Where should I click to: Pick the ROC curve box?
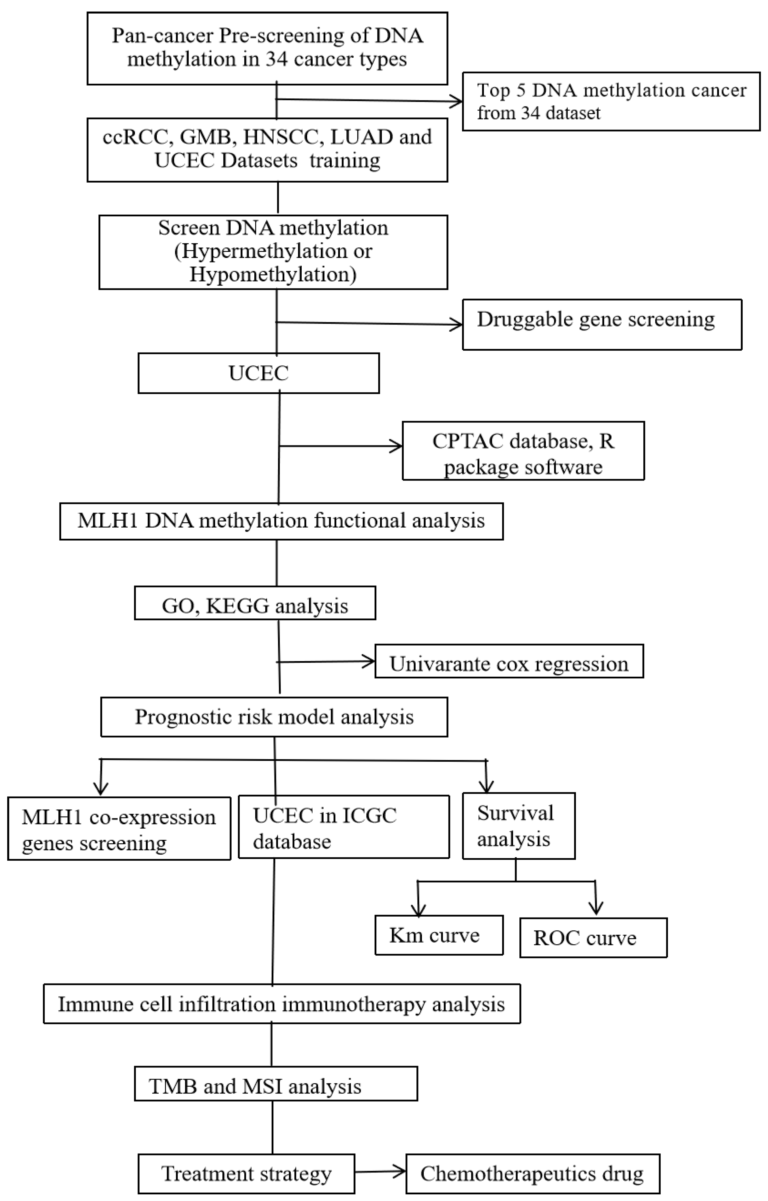(593, 938)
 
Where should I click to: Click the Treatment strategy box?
(246, 1174)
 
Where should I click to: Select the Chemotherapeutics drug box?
(533, 1174)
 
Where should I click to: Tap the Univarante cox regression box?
(509, 661)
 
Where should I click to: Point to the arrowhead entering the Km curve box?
(419, 909)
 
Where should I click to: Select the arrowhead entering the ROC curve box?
(596, 909)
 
